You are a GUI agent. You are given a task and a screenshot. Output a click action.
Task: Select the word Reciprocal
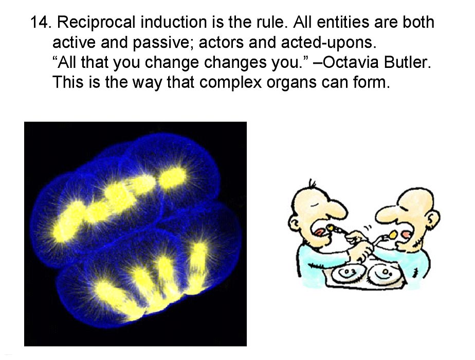pyautogui.click(x=96, y=23)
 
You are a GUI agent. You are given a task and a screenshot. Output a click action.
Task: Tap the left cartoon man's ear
pyautogui.click(x=293, y=225)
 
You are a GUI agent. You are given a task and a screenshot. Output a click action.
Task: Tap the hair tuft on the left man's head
pyautogui.click(x=312, y=184)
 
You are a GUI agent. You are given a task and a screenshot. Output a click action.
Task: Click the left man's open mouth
pyautogui.click(x=320, y=232)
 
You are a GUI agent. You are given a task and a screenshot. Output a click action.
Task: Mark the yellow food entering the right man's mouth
pyautogui.click(x=393, y=234)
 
